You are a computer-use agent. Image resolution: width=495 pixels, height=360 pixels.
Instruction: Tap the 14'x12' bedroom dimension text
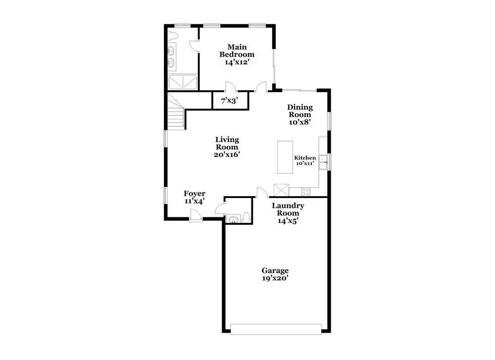pyautogui.click(x=237, y=62)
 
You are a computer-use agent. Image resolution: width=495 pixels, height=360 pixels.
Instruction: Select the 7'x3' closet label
pyautogui.click(x=229, y=101)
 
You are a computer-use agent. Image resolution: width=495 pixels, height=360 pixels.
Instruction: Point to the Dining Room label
pyautogui.click(x=300, y=111)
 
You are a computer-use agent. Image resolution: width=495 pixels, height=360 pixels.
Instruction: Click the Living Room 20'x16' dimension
pyautogui.click(x=227, y=154)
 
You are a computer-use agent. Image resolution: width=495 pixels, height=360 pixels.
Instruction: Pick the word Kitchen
pyautogui.click(x=305, y=158)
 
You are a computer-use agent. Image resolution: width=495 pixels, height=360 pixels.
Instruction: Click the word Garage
pyautogui.click(x=275, y=270)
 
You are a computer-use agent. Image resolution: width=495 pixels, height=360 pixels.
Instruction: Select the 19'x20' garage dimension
pyautogui.click(x=275, y=278)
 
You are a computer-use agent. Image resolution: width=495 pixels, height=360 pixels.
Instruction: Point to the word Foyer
pyautogui.click(x=195, y=194)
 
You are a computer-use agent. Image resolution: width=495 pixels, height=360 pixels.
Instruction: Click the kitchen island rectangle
pyautogui.click(x=285, y=157)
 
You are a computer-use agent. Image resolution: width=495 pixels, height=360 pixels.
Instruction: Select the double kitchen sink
pyautogui.click(x=322, y=162)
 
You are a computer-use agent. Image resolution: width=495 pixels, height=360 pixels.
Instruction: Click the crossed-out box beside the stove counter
pyautogui.click(x=281, y=190)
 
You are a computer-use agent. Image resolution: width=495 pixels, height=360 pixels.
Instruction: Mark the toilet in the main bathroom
pyautogui.click(x=173, y=36)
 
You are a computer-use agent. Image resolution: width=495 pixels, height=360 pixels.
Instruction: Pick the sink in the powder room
pyautogui.click(x=233, y=218)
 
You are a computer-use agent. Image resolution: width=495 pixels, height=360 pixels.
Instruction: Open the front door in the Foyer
pyautogui.click(x=196, y=215)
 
